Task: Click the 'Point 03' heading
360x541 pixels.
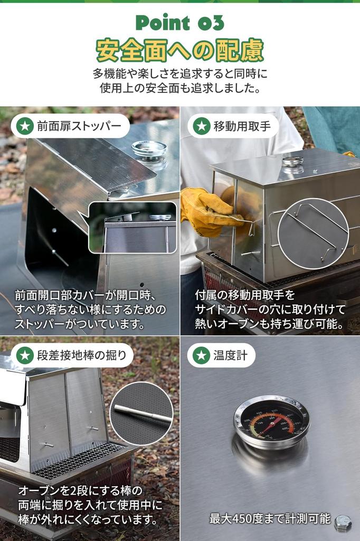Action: (x=179, y=23)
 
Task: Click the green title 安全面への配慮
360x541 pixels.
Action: (x=179, y=50)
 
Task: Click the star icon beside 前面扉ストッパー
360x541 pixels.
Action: (x=24, y=126)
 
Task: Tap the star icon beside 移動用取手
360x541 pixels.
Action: (x=201, y=126)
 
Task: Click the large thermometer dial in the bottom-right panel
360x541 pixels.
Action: (x=271, y=422)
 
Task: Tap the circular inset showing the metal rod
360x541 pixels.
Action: (x=141, y=414)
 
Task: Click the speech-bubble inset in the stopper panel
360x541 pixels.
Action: (x=132, y=228)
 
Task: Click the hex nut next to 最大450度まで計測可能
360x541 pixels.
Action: (x=343, y=522)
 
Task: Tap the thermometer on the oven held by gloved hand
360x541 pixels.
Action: (x=292, y=161)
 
